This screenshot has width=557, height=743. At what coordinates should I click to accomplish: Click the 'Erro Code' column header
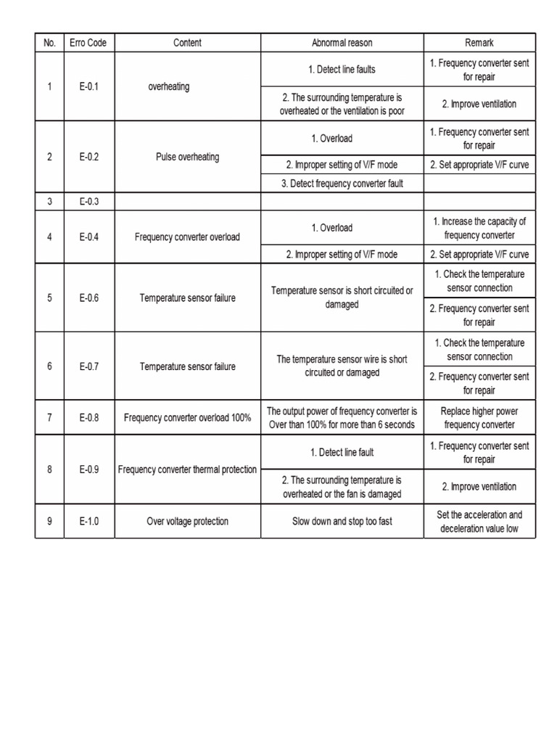89,43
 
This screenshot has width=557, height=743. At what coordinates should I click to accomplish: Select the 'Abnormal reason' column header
342,43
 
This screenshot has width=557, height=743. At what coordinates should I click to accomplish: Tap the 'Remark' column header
479,43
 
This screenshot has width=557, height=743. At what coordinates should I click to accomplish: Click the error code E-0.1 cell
89,87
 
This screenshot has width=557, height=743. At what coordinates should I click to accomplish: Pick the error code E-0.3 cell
89,202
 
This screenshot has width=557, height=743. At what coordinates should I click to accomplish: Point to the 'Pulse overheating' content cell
187,157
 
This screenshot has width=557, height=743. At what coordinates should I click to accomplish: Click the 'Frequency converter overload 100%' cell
187,417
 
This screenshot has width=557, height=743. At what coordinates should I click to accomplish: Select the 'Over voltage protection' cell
187,521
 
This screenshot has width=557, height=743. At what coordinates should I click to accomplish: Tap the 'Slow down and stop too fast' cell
342,521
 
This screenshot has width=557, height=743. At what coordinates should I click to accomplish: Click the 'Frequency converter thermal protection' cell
187,469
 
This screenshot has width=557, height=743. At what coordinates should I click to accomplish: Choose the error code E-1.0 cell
89,521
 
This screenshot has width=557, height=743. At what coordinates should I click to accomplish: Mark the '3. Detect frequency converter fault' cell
342,184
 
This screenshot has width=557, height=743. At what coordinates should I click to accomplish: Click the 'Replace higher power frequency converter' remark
479,417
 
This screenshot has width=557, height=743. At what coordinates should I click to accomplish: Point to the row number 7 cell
49,417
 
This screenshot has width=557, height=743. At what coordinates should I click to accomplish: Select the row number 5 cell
49,298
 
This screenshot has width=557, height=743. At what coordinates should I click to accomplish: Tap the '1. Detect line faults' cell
342,70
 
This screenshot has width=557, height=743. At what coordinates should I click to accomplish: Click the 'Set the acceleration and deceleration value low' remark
479,521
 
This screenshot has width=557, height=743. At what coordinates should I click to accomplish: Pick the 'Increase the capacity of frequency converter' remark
479,228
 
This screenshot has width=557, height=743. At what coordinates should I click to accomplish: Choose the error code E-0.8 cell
89,417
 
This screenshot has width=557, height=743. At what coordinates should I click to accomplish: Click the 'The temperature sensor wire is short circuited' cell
342,366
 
